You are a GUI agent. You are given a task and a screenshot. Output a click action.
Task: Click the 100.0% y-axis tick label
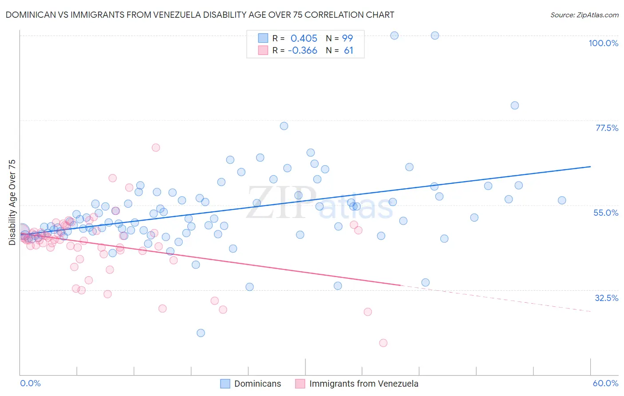pyautogui.click(x=603, y=43)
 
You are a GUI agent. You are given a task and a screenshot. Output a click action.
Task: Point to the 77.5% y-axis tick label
pyautogui.click(x=606, y=128)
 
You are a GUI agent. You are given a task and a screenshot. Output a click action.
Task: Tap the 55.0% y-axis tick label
pyautogui.click(x=605, y=213)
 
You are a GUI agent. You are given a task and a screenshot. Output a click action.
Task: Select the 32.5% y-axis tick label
pyautogui.click(x=606, y=298)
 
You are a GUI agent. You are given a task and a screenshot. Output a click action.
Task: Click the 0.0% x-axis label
pyautogui.click(x=30, y=383)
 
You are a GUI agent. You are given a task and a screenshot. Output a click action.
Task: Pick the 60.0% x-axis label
pyautogui.click(x=605, y=383)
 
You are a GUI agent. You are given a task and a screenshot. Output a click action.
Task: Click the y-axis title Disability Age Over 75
pyautogui.click(x=12, y=202)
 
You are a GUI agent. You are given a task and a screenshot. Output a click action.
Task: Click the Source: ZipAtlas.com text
pyautogui.click(x=584, y=15)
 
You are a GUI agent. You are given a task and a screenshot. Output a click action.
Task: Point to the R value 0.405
pyautogui.click(x=304, y=38)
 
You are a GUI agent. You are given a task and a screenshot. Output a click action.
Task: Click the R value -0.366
pyautogui.click(x=302, y=51)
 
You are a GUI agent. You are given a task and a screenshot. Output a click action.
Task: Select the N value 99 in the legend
pyautogui.click(x=347, y=38)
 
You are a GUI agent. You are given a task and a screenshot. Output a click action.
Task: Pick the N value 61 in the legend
pyautogui.click(x=348, y=51)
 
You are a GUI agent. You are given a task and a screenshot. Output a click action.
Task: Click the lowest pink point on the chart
pyautogui.click(x=383, y=343)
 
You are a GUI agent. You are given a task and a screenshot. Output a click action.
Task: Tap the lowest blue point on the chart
pyautogui.click(x=201, y=333)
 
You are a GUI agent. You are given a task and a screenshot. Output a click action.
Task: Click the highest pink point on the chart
pyautogui.click(x=156, y=147)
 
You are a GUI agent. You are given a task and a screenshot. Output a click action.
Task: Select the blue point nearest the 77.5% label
pyautogui.click(x=515, y=105)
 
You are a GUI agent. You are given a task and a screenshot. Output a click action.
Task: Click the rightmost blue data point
pyautogui.click(x=562, y=200)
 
